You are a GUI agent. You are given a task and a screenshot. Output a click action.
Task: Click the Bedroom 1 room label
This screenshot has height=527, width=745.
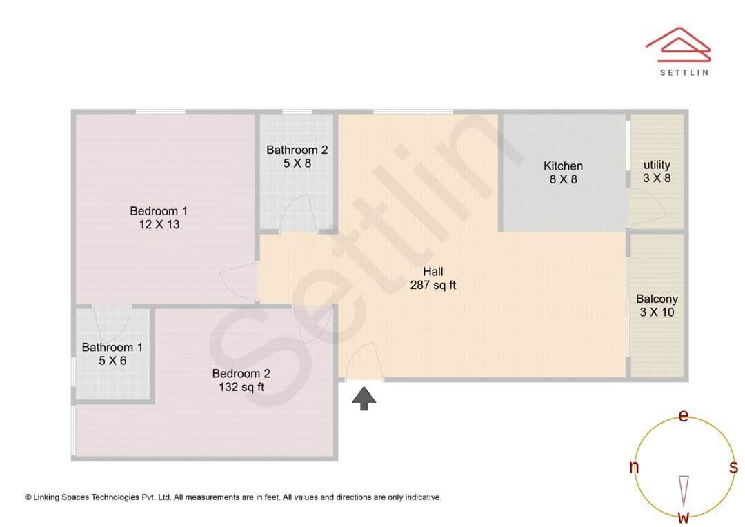[159, 210]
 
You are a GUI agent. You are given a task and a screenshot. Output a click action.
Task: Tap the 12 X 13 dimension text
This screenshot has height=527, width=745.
[159, 224]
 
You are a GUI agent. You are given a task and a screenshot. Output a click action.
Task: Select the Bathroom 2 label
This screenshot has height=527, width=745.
[297, 150]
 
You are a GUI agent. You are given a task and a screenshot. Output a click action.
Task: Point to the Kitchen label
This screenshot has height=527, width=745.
[563, 166]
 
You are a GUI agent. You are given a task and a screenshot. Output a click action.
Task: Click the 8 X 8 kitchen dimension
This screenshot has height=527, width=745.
[563, 179]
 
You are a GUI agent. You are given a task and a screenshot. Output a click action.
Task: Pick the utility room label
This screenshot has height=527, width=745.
[657, 165]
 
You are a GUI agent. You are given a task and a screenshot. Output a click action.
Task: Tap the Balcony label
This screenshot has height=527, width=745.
[657, 299]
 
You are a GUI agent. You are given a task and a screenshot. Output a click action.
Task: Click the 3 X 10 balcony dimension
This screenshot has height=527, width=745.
[657, 312]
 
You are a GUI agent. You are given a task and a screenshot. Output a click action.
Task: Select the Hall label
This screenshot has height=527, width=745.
[433, 271]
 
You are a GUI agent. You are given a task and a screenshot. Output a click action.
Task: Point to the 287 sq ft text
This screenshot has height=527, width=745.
[433, 285]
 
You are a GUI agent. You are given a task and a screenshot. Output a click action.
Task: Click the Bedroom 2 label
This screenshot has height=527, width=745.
[241, 373]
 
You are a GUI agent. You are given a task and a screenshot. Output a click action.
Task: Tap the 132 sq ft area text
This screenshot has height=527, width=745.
[241, 387]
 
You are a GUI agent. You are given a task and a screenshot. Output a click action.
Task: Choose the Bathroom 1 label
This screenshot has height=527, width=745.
[112, 347]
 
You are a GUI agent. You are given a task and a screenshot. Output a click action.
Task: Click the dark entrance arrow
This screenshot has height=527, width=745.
[364, 398]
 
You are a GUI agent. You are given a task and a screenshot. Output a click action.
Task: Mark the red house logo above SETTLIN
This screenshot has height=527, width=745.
[677, 43]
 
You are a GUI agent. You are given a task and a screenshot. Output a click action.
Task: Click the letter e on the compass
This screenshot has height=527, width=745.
[684, 415]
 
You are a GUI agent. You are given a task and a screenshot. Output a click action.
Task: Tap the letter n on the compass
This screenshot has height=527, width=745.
[634, 467]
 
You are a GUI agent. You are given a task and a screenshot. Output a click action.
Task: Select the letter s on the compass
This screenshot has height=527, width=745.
[733, 467]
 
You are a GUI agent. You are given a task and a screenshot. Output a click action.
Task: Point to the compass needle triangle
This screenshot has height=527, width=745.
[684, 490]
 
